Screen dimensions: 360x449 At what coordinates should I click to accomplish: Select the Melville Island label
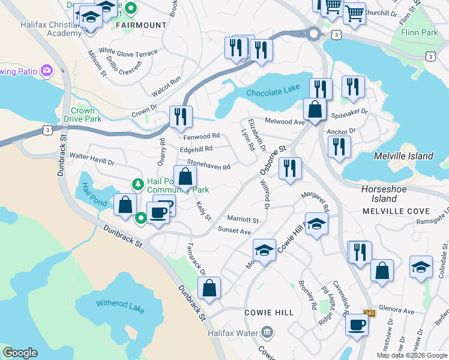[403, 156]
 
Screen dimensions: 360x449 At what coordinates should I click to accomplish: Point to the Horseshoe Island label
[379, 193]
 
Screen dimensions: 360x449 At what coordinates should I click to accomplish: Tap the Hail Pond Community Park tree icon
[137, 182]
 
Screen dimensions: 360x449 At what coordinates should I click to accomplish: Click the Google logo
[20, 352]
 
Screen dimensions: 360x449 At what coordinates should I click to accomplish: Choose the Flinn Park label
[420, 32]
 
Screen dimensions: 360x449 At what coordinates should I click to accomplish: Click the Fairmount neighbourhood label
[140, 25]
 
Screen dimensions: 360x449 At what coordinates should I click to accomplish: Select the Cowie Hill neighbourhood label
[269, 313]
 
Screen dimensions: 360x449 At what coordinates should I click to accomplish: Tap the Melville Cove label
[397, 211]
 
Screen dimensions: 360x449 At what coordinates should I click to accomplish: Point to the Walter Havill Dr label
[92, 159]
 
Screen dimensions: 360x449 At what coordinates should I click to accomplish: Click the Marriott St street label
[243, 220]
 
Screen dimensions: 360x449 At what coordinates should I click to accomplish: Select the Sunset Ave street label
[234, 230]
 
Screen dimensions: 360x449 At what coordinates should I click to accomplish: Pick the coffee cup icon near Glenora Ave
[357, 325]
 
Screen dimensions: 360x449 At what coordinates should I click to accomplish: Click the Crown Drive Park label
[83, 115]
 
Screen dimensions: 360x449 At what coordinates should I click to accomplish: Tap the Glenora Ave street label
[400, 311]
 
